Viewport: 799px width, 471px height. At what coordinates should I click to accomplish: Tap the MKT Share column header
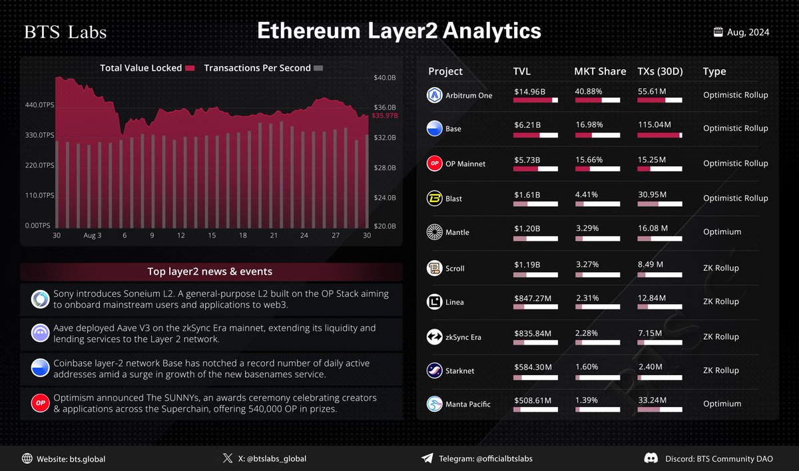600,71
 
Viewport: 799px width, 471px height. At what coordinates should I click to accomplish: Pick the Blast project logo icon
434,198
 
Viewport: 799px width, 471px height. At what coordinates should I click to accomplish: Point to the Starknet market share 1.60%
586,367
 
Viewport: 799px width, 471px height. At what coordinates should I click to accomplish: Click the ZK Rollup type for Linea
720,301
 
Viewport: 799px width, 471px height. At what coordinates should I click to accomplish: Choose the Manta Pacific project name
468,404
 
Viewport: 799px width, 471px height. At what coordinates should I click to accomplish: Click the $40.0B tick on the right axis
385,78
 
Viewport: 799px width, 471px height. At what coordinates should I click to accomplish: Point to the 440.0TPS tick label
39,105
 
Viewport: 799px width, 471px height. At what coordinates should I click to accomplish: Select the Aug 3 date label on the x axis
93,235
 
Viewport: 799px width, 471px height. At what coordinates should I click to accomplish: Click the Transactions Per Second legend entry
258,68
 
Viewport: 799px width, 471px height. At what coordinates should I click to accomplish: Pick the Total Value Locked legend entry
141,68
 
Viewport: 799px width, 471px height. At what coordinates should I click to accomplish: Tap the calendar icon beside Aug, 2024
718,31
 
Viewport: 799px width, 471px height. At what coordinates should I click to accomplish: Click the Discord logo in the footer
651,458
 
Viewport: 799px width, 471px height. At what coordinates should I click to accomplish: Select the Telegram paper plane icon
427,458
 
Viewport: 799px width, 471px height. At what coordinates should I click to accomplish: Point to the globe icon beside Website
27,458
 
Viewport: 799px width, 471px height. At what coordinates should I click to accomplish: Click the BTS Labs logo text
65,33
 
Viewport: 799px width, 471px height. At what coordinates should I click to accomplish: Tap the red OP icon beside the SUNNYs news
40,403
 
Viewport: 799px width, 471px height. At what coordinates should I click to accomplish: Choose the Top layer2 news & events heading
210,271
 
